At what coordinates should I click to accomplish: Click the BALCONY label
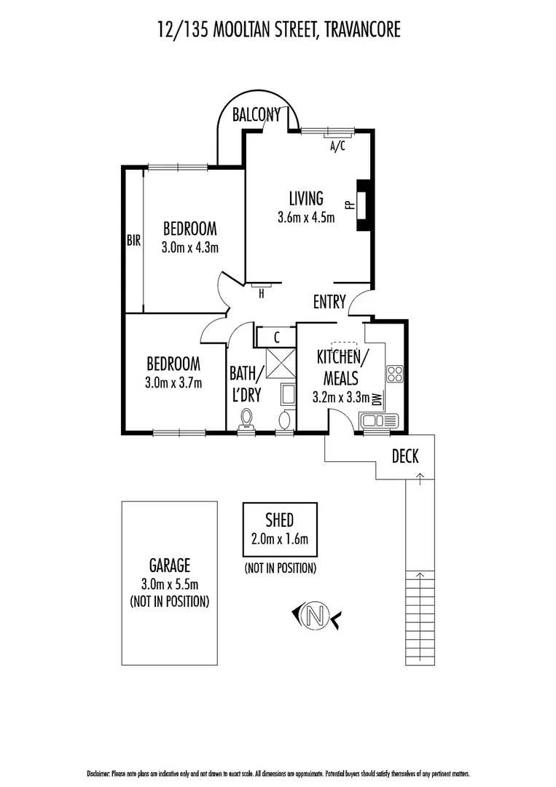coord(256,114)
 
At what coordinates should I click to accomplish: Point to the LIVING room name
coord(306,197)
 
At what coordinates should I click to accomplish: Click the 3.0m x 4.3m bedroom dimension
coord(190,247)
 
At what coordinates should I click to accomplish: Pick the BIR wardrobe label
coord(133,240)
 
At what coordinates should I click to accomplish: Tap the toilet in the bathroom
coord(247,419)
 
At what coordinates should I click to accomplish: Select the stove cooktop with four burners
coord(394,374)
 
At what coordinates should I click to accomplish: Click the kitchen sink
coord(379,420)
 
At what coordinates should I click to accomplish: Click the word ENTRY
coord(329,302)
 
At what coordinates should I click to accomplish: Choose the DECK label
coord(405,456)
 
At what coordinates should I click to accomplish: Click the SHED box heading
coord(280,519)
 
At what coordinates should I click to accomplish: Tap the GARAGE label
coord(170,565)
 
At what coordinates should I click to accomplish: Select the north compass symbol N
coord(316,616)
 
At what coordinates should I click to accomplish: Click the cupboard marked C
coord(277,337)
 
